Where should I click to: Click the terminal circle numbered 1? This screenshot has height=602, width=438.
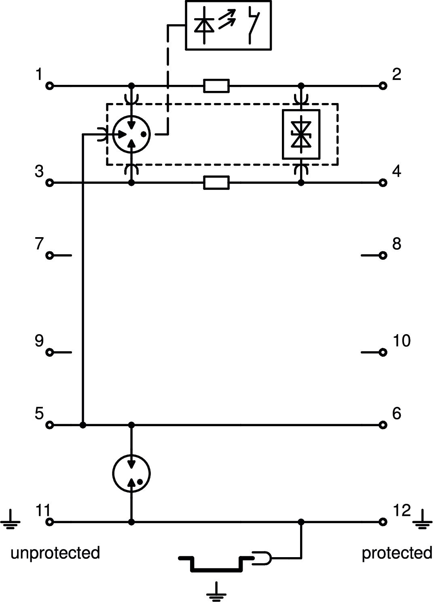50,86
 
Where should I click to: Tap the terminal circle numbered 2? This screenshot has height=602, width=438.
383,86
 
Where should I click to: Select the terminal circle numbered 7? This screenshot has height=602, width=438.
50,255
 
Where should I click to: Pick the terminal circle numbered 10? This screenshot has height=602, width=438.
383,352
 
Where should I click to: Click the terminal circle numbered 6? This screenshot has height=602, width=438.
383,425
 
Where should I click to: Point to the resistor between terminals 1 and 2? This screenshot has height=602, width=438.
216,86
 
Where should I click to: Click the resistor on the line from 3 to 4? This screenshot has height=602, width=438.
216,183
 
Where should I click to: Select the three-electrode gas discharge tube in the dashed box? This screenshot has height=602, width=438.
131,134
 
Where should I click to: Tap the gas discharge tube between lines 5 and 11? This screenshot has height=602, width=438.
131,474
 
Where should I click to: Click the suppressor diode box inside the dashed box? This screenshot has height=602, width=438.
301,134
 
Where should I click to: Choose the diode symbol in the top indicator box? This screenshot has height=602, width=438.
204,25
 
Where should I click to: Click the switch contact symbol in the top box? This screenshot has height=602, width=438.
253,25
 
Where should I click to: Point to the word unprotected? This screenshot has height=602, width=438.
55,553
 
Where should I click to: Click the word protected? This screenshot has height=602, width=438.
396,553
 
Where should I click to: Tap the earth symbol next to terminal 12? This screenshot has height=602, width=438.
422,520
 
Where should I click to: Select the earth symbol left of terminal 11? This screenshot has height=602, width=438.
11,520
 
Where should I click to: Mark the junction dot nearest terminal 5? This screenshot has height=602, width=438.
83,425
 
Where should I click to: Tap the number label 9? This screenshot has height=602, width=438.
39,341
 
